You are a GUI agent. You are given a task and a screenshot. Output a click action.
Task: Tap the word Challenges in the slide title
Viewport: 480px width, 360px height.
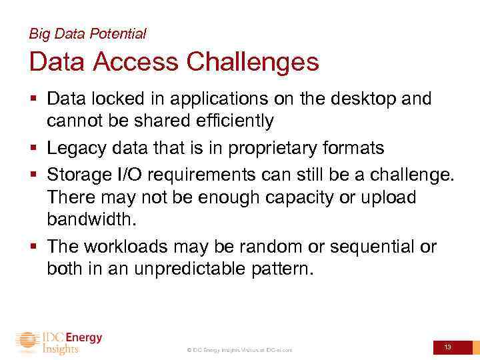pyautogui.click(x=253, y=62)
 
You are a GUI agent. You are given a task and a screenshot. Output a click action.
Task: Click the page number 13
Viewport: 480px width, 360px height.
pyautogui.click(x=448, y=347)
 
